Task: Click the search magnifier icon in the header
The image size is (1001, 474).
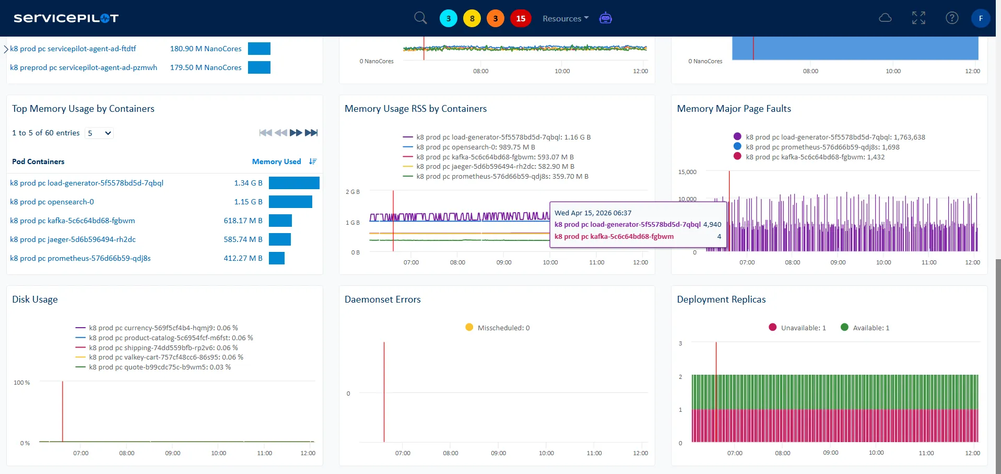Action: (x=420, y=18)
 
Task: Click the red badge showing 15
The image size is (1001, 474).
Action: (x=521, y=18)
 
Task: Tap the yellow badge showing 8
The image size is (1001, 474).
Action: (x=472, y=18)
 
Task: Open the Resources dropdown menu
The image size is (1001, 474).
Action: (x=565, y=18)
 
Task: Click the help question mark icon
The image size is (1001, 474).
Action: (x=952, y=18)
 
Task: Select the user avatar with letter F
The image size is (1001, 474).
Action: (x=981, y=18)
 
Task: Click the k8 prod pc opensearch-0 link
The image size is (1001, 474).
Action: (x=52, y=202)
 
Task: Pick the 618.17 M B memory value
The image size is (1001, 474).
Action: (x=243, y=221)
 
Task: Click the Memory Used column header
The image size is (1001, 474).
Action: (x=276, y=161)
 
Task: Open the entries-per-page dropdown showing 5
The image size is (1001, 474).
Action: (x=99, y=133)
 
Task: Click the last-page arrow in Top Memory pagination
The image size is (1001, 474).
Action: (x=311, y=133)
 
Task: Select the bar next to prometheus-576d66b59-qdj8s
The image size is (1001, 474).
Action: (x=277, y=258)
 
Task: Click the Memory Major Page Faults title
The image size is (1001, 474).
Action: (x=734, y=109)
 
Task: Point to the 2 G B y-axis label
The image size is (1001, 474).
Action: (x=352, y=192)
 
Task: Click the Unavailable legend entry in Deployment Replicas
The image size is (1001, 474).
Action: (x=797, y=328)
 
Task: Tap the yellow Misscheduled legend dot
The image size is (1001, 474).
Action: (x=469, y=327)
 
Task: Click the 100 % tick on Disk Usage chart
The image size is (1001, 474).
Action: (x=21, y=383)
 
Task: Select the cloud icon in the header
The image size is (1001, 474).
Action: (x=885, y=18)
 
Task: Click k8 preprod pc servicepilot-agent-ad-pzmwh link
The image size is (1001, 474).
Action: (x=84, y=67)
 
